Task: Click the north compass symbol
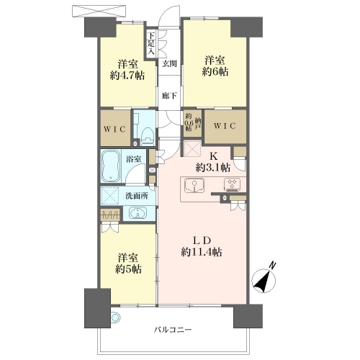click(x=264, y=279)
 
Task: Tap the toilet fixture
click(x=148, y=136)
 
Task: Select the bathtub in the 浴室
click(x=111, y=166)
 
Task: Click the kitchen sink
click(x=194, y=186)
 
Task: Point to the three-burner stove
click(x=233, y=184)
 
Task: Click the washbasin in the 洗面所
click(x=138, y=213)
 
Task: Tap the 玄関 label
click(x=170, y=63)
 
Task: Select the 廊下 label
click(x=169, y=96)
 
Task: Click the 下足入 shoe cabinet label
click(x=151, y=43)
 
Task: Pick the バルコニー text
click(x=173, y=329)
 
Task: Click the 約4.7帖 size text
click(x=127, y=76)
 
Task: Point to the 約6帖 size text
click(x=215, y=71)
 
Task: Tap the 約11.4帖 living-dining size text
click(x=202, y=252)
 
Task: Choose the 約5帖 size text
click(x=128, y=269)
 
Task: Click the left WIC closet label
click(x=115, y=130)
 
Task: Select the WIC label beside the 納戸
click(x=225, y=126)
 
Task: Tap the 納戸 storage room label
click(x=197, y=124)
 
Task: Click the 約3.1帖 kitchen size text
click(x=213, y=168)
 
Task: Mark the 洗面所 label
click(x=137, y=196)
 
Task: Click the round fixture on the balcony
click(x=115, y=318)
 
